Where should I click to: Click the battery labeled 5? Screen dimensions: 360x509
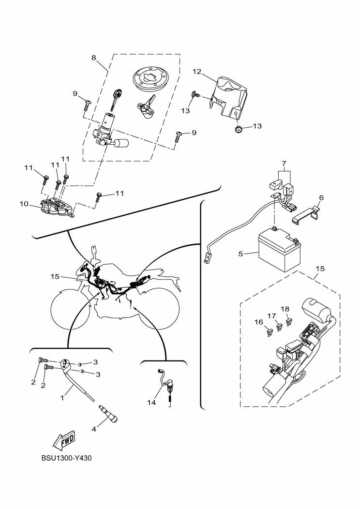(279, 249)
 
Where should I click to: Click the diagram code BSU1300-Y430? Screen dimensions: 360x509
(67, 458)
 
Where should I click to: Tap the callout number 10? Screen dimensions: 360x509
(24, 204)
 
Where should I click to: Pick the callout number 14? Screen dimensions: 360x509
(151, 403)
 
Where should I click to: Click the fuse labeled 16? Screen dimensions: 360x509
(269, 333)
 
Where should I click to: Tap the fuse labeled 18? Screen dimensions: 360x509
(288, 323)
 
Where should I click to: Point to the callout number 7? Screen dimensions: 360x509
(284, 163)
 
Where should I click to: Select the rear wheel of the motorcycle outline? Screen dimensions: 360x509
(159, 309)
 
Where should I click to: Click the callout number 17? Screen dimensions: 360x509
(272, 315)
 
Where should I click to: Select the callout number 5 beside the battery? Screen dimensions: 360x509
(240, 254)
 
